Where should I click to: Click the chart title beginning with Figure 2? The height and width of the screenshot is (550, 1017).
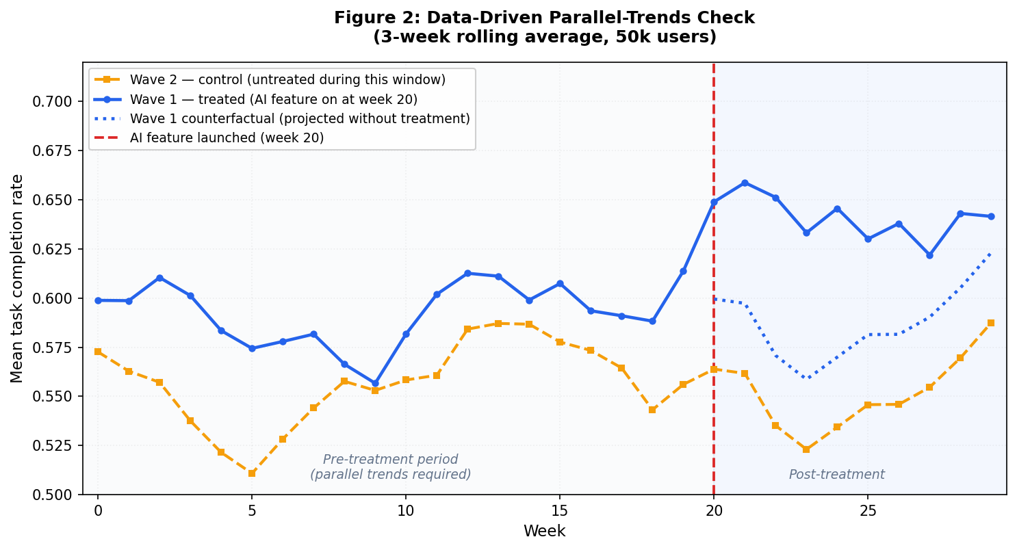coord(544,27)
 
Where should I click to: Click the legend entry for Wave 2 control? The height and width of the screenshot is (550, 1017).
coord(287,80)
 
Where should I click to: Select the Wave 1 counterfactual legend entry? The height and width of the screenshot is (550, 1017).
coord(300,118)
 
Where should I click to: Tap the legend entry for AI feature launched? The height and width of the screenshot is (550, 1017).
coord(227,137)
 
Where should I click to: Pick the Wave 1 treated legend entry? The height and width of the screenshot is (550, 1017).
coord(273,99)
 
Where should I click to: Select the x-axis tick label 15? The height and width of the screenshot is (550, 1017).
coord(560,511)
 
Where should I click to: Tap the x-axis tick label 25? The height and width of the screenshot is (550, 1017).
coord(868,511)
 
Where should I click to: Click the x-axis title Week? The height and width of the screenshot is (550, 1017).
coord(544,532)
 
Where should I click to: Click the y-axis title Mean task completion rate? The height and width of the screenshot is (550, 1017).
coord(17,278)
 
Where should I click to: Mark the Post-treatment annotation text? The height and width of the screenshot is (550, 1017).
coord(836,475)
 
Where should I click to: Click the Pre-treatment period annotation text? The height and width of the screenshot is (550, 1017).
coord(390,467)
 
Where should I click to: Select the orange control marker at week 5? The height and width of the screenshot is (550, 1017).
coord(252,473)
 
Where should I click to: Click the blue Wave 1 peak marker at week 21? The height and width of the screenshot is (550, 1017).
coord(745,183)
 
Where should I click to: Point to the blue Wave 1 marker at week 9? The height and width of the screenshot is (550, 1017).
coord(375,383)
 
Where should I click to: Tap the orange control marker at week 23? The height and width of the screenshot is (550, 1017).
coord(806,449)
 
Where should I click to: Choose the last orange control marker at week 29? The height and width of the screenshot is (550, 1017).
coord(991,323)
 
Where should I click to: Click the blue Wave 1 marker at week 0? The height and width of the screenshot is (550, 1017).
coord(98,300)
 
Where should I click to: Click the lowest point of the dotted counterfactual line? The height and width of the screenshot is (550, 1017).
coord(806,378)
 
